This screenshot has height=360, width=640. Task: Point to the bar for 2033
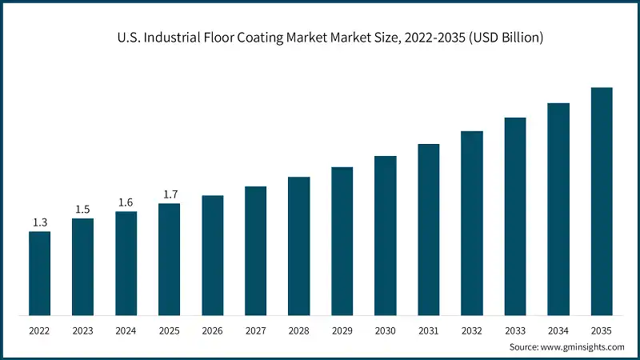[514, 215]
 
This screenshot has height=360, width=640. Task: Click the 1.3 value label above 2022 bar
[39, 222]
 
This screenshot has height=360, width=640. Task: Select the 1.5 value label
[82, 209]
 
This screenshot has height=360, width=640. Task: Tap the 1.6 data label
[126, 202]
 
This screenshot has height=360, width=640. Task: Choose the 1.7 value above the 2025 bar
[169, 194]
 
